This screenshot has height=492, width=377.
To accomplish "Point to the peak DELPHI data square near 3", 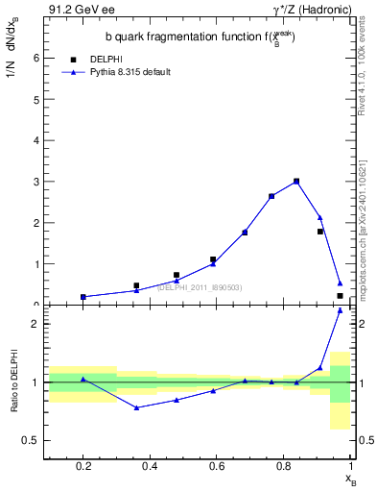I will (296, 181).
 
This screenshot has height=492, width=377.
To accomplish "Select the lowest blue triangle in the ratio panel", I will (137, 407).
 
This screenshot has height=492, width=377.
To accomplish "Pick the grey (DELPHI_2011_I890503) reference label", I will (199, 287).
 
